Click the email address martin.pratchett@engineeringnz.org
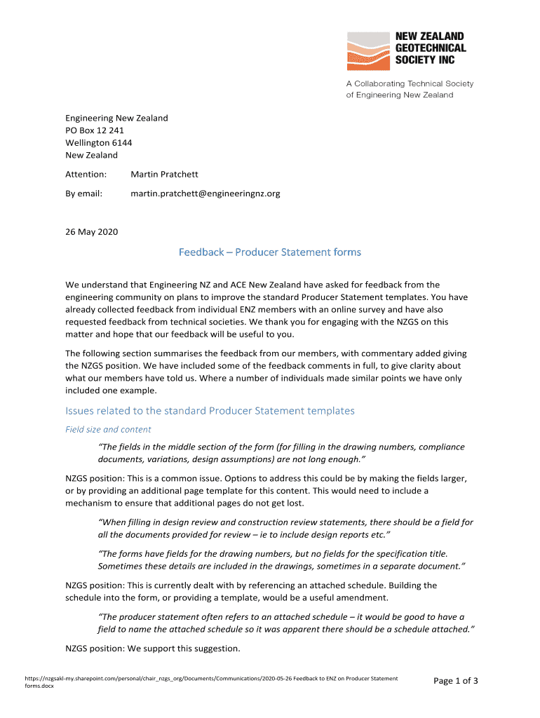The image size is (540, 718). pyautogui.click(x=205, y=194)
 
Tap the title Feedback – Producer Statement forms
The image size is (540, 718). pyautogui.click(x=270, y=252)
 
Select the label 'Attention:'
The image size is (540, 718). pyautogui.click(x=86, y=174)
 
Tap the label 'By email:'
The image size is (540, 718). pyautogui.click(x=84, y=194)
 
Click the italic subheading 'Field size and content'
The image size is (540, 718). pyautogui.click(x=108, y=429)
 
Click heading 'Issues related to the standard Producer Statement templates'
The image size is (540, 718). pyautogui.click(x=210, y=411)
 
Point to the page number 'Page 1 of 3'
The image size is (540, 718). pyautogui.click(x=455, y=681)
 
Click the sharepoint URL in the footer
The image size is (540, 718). pyautogui.click(x=210, y=679)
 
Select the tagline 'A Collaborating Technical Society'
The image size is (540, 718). pyautogui.click(x=410, y=83)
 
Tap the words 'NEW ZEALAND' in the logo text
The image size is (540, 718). pyautogui.click(x=430, y=36)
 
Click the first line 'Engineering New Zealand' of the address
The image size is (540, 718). pyautogui.click(x=116, y=118)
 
